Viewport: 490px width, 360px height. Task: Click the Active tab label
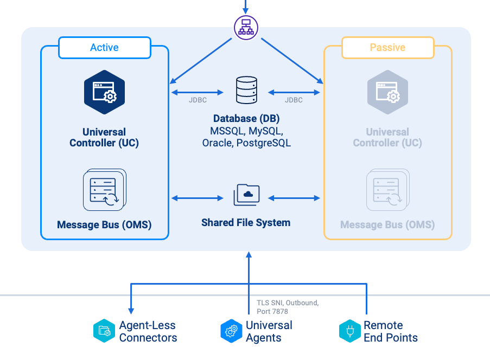[104, 48]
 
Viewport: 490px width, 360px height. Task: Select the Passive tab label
[387, 48]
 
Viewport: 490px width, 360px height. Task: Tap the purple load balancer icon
[246, 27]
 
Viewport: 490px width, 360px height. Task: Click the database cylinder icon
[246, 91]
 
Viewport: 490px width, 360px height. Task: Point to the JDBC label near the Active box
[198, 100]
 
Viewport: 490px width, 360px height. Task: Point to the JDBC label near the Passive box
[294, 100]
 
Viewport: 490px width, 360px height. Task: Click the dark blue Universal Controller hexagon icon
[104, 92]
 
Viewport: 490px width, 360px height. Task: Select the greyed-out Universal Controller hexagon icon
[387, 92]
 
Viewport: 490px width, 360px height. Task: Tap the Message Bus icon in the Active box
[104, 190]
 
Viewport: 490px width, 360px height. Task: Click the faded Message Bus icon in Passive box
[387, 190]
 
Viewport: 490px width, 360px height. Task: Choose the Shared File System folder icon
[246, 195]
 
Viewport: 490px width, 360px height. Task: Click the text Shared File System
[246, 223]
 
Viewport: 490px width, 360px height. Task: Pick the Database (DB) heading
[246, 119]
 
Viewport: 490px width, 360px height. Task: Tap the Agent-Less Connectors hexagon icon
[104, 331]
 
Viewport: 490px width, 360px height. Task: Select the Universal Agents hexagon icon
[231, 331]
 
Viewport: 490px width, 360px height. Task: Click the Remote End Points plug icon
[349, 331]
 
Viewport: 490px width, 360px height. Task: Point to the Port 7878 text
[272, 311]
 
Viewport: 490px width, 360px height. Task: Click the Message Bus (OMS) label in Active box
[104, 224]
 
